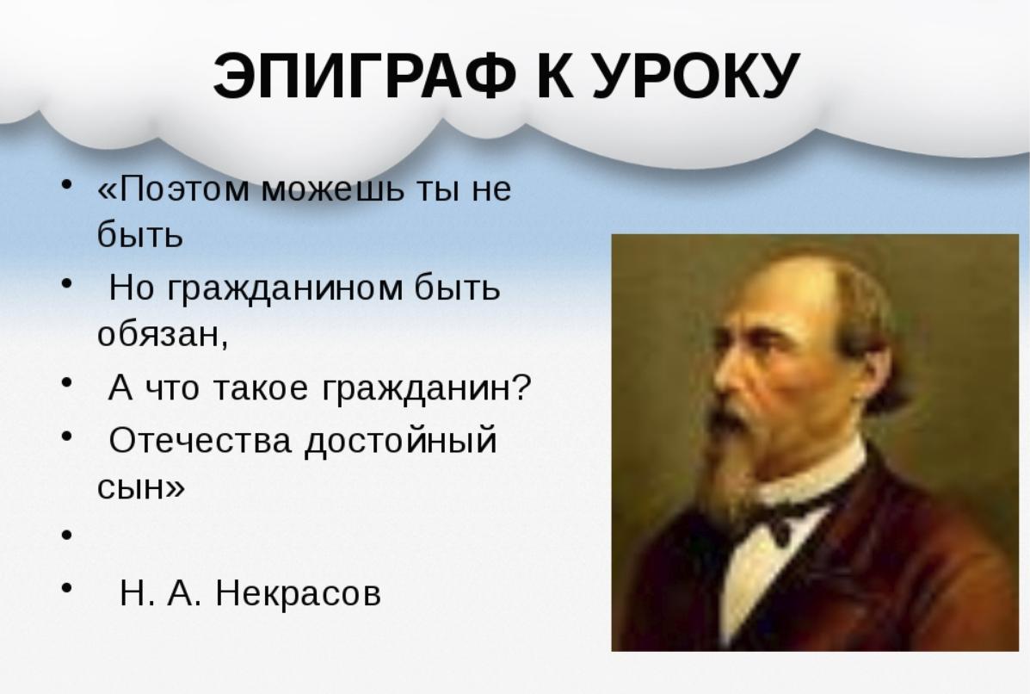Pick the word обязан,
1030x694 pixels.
(x=163, y=335)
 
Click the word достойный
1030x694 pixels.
(x=401, y=441)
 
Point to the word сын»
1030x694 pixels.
(x=140, y=488)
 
